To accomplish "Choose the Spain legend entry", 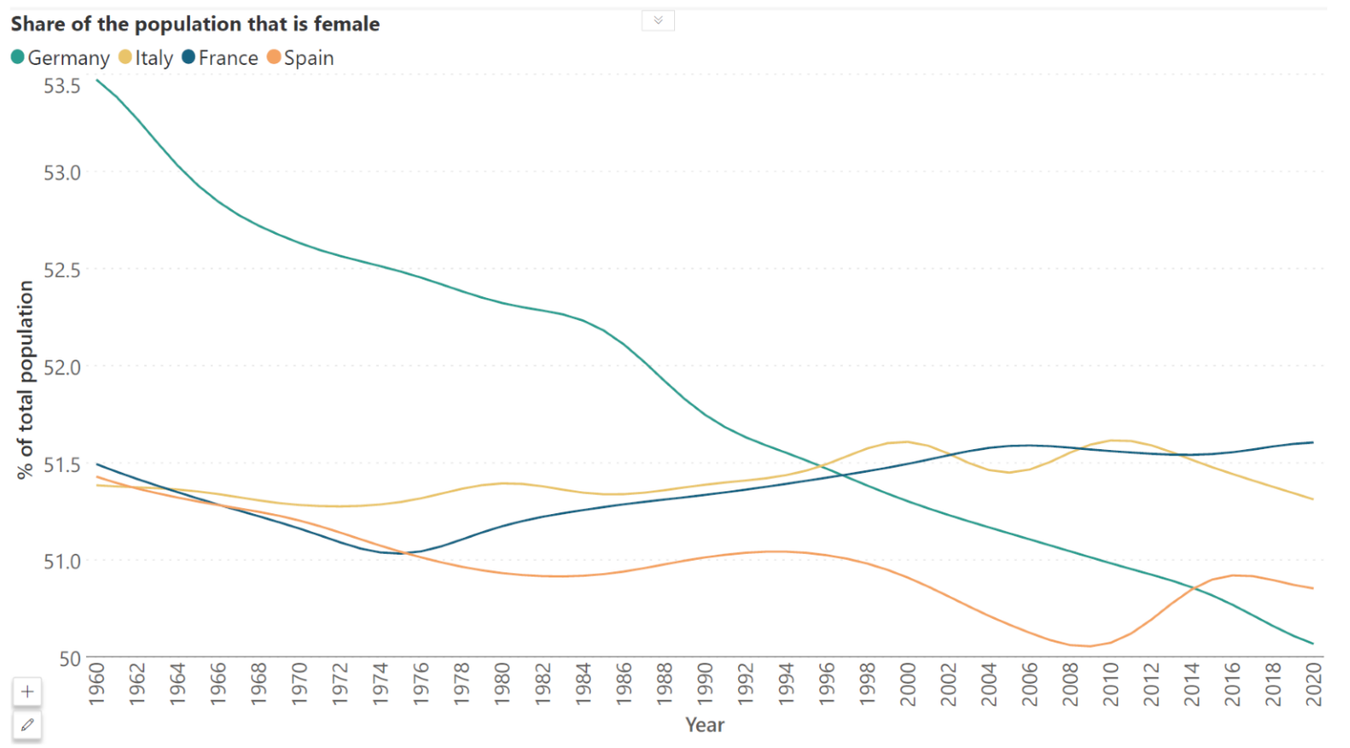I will (301, 58).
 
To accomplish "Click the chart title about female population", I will (195, 24).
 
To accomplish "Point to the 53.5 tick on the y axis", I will (62, 86).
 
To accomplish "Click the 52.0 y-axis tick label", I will (62, 367).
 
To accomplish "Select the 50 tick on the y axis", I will (69, 658).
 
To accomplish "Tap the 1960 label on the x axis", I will (97, 685).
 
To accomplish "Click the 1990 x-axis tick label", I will (705, 685).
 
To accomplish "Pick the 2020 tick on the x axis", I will (1313, 685).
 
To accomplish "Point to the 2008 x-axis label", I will (1070, 685).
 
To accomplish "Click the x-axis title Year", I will (705, 725).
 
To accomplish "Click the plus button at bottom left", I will (27, 692).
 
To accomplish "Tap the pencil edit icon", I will (27, 725).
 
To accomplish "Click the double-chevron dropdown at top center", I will (657, 20).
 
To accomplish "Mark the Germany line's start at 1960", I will (98, 81).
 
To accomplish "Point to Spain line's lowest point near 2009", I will (1090, 646).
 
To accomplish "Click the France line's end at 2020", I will (1313, 442).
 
